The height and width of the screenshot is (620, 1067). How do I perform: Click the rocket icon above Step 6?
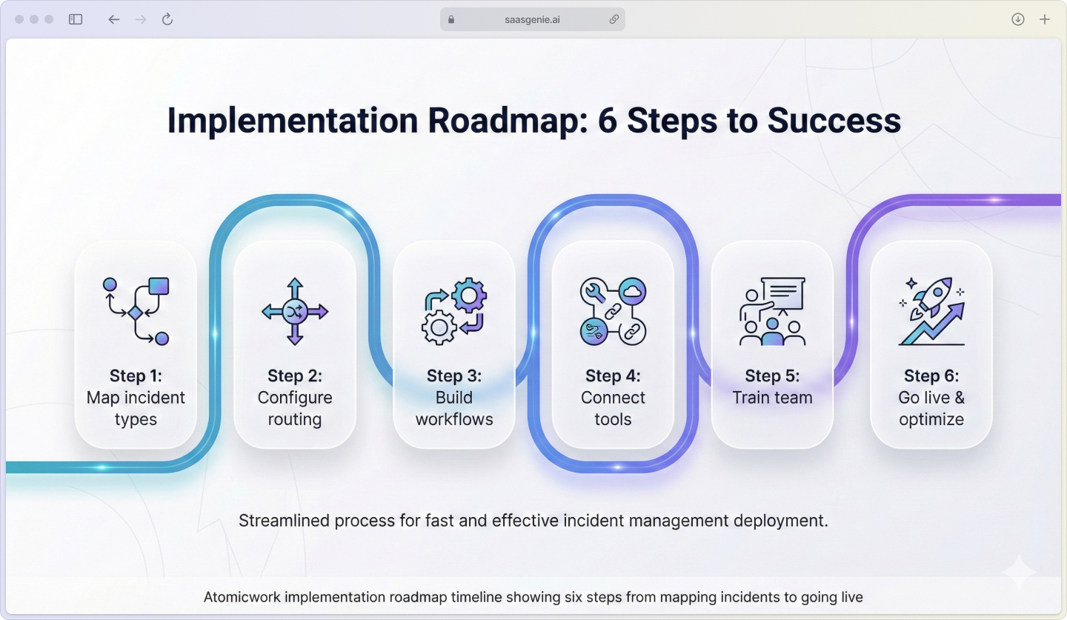pos(931,312)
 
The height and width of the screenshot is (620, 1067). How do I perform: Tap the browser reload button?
pos(167,20)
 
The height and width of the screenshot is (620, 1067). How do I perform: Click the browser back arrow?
pos(113,20)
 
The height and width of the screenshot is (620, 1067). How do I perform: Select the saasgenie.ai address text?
pos(532,20)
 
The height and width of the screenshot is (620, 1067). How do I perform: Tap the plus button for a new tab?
pos(1045,20)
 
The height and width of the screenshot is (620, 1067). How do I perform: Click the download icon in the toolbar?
pos(1018,20)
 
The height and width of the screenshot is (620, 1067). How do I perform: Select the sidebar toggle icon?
pos(76,20)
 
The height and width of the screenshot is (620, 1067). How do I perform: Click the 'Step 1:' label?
pos(136,376)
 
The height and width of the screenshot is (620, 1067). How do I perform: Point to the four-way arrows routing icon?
pos(295,312)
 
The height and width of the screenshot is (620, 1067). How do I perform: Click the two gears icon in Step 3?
pos(454,312)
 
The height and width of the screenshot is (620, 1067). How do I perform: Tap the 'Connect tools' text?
pos(613,408)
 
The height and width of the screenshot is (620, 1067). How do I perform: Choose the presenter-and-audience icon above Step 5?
pos(772,312)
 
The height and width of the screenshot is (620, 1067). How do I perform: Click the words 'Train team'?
pos(772,398)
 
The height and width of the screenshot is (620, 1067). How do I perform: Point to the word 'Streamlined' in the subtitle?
pos(284,521)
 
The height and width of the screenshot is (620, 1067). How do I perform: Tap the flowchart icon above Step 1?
pos(136,312)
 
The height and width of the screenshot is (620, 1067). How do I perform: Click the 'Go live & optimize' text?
pos(931,408)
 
